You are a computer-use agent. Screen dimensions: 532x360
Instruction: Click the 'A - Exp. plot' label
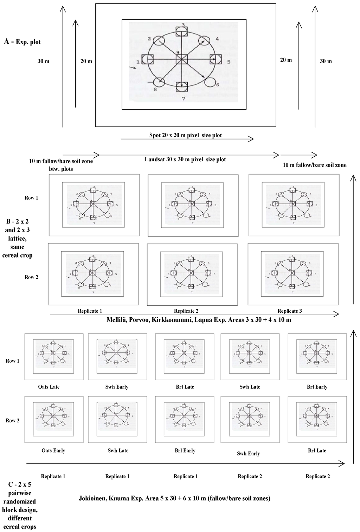(x=22, y=42)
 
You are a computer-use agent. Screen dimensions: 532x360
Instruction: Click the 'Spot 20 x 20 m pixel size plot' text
(x=185, y=135)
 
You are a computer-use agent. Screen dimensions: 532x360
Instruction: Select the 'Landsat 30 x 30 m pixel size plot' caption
(x=185, y=160)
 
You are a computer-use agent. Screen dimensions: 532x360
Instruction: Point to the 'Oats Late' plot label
(x=49, y=387)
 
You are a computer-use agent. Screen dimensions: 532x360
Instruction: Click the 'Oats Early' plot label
(x=53, y=450)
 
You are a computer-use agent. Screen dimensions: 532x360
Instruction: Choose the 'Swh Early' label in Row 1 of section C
(x=117, y=387)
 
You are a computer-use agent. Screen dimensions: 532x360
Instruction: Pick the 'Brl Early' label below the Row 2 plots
(x=185, y=450)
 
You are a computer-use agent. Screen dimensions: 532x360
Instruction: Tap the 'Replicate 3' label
(x=290, y=311)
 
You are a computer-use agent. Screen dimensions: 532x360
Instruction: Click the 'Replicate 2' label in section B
(x=186, y=311)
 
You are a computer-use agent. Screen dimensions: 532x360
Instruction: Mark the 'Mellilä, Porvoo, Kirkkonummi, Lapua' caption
(x=199, y=320)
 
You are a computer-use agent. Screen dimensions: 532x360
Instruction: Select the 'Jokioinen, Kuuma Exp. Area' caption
(x=174, y=498)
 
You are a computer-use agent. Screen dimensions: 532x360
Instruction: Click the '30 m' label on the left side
(x=44, y=61)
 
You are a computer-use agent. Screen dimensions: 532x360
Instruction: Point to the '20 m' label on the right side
(x=286, y=60)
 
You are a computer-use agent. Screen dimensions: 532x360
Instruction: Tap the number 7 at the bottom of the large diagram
(x=183, y=99)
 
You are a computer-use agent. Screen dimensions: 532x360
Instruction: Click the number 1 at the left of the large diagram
(x=138, y=62)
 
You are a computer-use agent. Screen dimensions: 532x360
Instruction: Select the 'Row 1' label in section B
(x=31, y=198)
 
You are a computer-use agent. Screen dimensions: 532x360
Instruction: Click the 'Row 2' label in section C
(x=13, y=421)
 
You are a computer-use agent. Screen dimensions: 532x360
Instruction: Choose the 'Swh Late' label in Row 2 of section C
(x=118, y=450)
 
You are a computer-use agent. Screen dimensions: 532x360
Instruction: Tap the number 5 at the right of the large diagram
(x=229, y=62)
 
